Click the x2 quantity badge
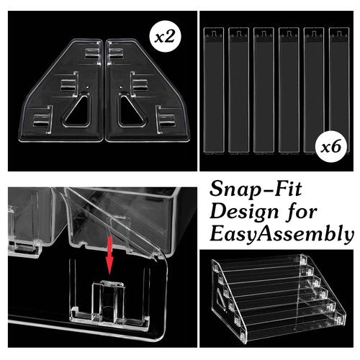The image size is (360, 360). pyautogui.click(x=164, y=37)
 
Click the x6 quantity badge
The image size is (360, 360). pyautogui.click(x=331, y=146)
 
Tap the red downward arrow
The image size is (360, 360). pyautogui.click(x=109, y=255)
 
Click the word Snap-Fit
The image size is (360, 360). pyautogui.click(x=256, y=189)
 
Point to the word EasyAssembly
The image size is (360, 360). pyautogui.click(x=282, y=235)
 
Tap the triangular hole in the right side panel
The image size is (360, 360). pyautogui.click(x=132, y=111)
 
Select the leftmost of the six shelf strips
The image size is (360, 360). pyautogui.click(x=214, y=90)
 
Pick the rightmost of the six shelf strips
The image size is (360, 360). pyautogui.click(x=339, y=90)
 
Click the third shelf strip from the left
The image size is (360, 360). pyautogui.click(x=264, y=90)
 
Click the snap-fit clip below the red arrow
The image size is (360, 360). pyautogui.click(x=109, y=301)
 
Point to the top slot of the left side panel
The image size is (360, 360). pyautogui.click(x=93, y=53)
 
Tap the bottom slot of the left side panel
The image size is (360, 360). pyautogui.click(x=42, y=120)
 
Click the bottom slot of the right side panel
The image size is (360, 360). pyautogui.click(x=166, y=120)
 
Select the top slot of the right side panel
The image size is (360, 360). pyautogui.click(x=116, y=53)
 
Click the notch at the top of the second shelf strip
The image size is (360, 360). pyautogui.click(x=239, y=34)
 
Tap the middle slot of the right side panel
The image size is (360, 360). pyautogui.click(x=140, y=84)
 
